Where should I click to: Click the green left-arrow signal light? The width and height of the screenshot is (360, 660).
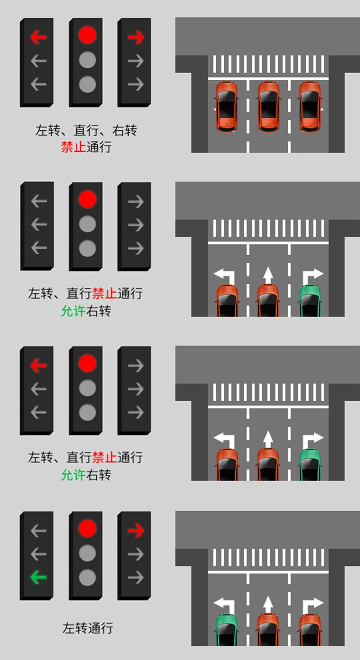click(38, 577)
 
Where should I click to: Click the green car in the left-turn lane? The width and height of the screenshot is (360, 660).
click(226, 630)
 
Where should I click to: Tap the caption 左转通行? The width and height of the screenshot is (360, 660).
click(88, 628)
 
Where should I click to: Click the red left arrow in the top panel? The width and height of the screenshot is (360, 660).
click(38, 37)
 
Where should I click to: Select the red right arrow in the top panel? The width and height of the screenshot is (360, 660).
click(136, 37)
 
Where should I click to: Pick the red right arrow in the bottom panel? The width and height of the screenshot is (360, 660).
click(136, 531)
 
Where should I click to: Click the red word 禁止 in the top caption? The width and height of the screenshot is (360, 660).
click(73, 147)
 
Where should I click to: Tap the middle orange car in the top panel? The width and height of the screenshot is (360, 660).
click(268, 106)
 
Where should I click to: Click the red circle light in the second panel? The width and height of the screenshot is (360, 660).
click(88, 199)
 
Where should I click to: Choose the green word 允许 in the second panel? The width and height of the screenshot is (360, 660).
click(73, 310)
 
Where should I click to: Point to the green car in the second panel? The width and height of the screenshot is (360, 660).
click(310, 301)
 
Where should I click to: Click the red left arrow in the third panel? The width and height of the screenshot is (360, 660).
click(38, 365)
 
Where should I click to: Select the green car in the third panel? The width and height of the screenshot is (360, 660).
click(310, 465)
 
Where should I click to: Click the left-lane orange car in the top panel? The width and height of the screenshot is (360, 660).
click(226, 106)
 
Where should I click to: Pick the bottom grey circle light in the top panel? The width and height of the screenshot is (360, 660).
click(88, 84)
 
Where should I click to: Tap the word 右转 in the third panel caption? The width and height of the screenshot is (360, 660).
click(99, 475)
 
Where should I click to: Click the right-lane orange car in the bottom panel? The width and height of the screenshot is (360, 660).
click(310, 630)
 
